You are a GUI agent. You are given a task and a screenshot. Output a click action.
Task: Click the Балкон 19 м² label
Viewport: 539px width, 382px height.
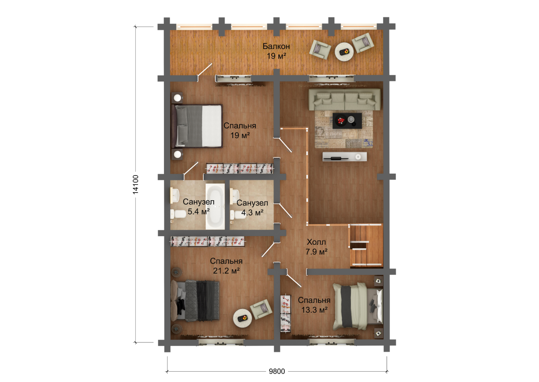[276, 51]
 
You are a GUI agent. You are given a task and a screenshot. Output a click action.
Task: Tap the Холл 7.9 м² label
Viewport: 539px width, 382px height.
[316, 247]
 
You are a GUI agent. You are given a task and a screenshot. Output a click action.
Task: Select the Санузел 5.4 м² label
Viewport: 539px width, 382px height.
[199, 207]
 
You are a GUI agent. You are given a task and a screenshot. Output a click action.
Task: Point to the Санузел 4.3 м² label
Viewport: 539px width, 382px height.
[252, 207]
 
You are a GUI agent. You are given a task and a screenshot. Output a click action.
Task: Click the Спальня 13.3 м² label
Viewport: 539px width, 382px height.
[314, 305]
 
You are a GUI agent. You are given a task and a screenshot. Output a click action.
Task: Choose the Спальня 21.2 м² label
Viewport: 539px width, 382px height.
[226, 266]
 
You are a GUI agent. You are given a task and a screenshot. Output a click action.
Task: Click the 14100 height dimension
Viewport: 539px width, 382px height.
[136, 184]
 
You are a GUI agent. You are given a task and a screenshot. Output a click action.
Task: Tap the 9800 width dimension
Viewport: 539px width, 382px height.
[277, 371]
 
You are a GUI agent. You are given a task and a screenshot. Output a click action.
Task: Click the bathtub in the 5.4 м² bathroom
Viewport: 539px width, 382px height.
[215, 207]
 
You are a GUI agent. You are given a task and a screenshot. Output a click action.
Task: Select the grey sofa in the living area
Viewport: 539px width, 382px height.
[345, 99]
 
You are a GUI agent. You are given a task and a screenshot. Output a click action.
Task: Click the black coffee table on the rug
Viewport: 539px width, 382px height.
[347, 121]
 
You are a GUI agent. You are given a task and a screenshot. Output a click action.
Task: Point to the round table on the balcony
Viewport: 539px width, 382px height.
[344, 52]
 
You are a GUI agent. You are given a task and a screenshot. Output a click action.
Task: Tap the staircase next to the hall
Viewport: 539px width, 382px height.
[366, 245]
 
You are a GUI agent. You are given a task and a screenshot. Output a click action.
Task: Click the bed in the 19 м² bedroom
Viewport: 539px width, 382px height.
[196, 126]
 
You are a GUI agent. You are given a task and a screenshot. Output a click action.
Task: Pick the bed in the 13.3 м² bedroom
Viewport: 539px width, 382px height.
[357, 306]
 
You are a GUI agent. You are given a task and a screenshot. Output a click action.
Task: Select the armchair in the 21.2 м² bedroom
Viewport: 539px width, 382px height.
[261, 309]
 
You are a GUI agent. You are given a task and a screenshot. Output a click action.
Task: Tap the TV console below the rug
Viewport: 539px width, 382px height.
[345, 157]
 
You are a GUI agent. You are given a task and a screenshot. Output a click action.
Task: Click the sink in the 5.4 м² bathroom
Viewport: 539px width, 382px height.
[174, 195]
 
